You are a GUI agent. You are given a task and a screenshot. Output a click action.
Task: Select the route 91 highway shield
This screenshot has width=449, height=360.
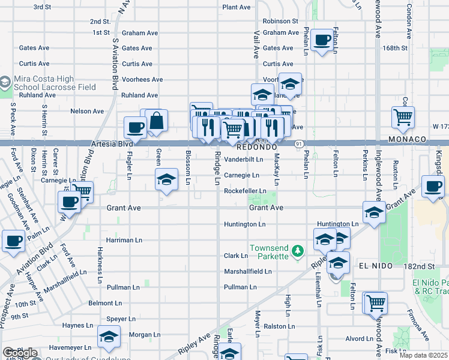(298, 143)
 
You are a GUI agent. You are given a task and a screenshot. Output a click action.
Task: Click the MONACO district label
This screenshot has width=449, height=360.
(407, 139)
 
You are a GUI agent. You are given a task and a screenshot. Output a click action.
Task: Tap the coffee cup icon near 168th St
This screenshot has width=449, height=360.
(323, 40)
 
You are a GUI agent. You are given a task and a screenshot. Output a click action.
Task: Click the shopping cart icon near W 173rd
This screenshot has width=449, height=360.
(403, 117)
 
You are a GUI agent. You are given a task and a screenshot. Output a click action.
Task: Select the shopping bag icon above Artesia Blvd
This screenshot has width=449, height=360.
(156, 120)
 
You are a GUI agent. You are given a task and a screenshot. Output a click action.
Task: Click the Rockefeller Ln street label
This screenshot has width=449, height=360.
(245, 191)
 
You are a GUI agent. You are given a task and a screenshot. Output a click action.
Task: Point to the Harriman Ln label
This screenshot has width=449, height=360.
(124, 239)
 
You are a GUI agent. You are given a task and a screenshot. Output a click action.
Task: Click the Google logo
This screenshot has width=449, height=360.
(19, 353)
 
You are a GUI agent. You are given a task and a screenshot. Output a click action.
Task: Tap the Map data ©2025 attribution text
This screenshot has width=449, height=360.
(423, 355)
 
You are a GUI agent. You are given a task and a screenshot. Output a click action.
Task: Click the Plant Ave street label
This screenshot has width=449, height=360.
(236, 7)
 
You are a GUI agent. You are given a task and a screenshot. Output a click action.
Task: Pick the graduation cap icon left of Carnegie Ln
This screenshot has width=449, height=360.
(167, 179)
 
